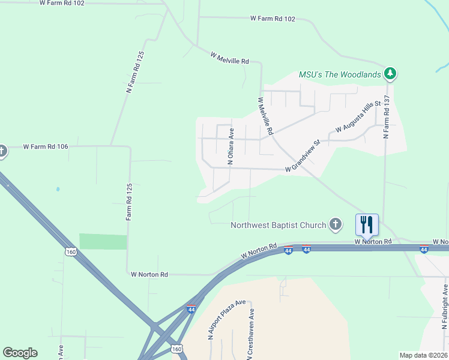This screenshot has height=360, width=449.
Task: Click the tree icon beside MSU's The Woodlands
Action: coord(391,74)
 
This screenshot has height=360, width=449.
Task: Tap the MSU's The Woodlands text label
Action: coord(340,74)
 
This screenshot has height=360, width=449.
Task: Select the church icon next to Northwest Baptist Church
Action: coord(336,225)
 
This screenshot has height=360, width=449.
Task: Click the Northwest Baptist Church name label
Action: coord(279,226)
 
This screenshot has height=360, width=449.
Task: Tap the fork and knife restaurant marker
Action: coord(367,224)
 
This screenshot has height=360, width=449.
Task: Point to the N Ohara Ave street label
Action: coord(231,146)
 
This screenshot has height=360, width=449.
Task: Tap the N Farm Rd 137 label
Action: coord(387,116)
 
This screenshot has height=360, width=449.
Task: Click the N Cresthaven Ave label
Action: coord(252,331)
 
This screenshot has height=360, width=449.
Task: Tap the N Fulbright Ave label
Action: coord(445,307)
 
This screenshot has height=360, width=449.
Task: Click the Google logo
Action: coord(20,353)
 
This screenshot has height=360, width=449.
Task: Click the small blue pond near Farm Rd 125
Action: coord(58,189)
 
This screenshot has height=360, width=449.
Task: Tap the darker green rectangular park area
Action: coord(103,242)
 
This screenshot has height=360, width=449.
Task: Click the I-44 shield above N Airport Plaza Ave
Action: coord(191,309)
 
